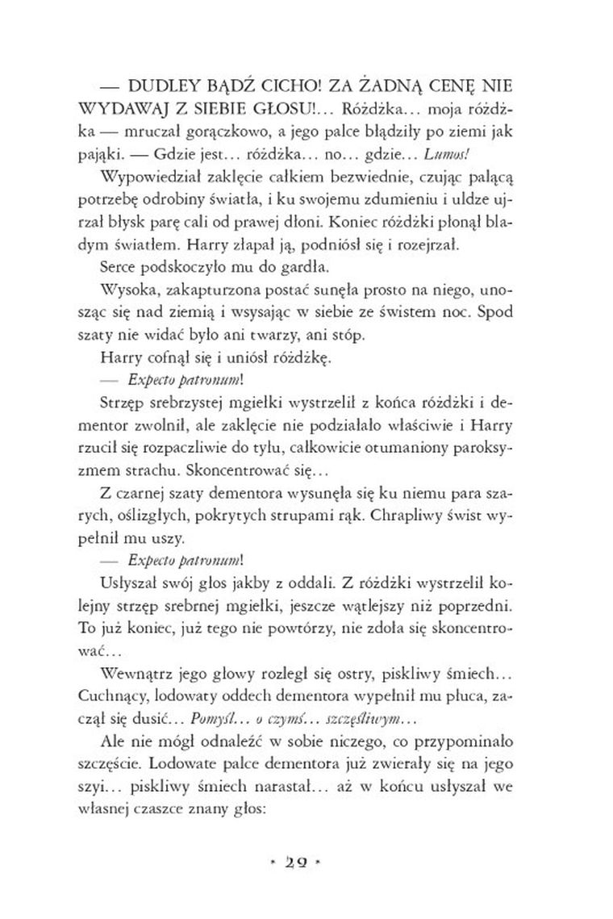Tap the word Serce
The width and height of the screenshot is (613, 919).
pos(121,266)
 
